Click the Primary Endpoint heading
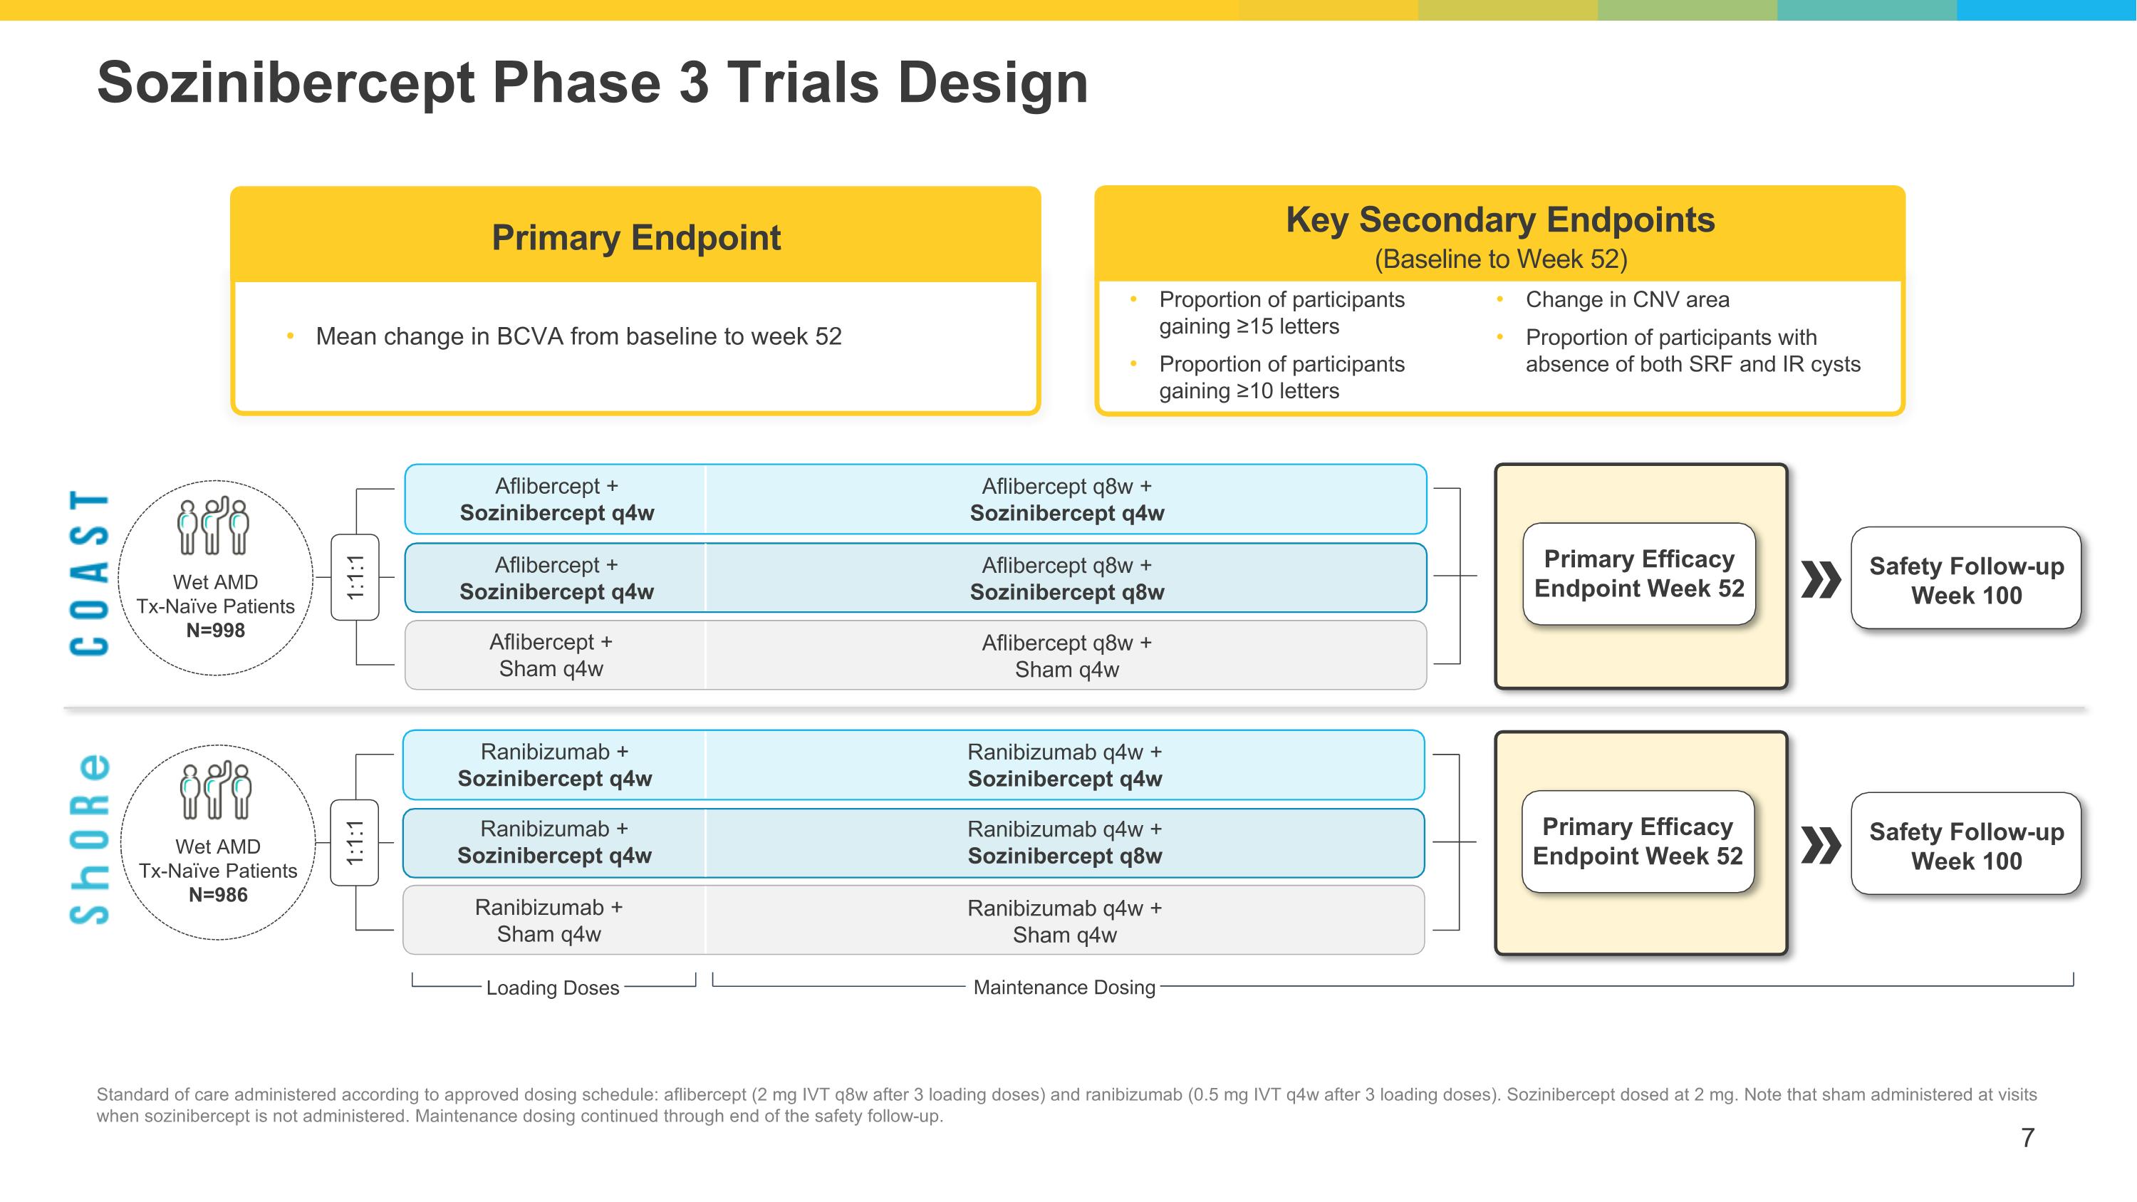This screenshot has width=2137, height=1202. (635, 238)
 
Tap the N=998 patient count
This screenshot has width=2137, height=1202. (216, 631)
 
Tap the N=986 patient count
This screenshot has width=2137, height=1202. (218, 895)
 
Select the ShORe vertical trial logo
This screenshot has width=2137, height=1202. (89, 839)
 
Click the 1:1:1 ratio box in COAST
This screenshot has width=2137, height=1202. (355, 577)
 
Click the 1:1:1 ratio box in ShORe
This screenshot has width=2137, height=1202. (355, 843)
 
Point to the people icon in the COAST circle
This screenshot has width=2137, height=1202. (213, 526)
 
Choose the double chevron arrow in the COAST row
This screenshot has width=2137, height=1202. (1820, 579)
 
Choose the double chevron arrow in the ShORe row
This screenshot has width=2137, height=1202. (1820, 845)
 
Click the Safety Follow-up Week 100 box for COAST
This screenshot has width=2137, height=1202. (1965, 580)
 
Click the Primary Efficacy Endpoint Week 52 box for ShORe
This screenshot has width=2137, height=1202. (1638, 842)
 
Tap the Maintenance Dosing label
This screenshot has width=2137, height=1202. (1064, 987)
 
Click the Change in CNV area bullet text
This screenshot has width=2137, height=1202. (1627, 299)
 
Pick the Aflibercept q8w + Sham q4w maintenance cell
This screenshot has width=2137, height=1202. (1066, 656)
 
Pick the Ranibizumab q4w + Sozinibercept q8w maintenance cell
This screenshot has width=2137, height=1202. (1064, 843)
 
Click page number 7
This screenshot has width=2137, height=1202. (2027, 1137)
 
